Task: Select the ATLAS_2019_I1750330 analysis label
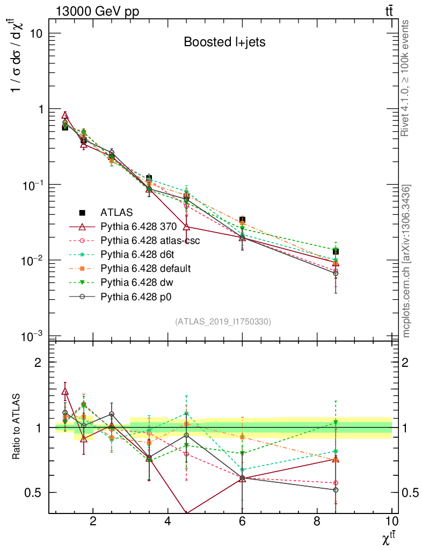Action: (223, 322)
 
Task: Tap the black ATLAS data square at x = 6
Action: (243, 220)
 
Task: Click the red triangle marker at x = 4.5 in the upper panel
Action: (186, 227)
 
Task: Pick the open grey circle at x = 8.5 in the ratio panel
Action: (336, 490)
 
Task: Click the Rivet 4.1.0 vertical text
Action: (405, 78)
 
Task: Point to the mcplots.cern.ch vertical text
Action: (406, 260)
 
